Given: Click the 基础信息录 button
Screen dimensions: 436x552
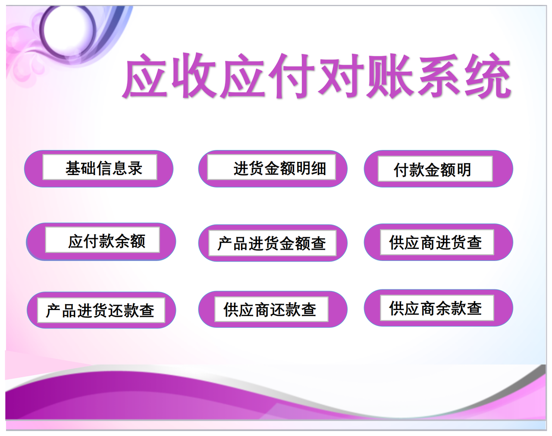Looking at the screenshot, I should point(99,168).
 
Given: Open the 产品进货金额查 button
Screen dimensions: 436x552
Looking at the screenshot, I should point(273,243).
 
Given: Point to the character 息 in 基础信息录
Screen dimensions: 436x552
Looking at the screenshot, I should point(119,168).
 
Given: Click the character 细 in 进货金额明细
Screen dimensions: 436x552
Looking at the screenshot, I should point(319,168).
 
